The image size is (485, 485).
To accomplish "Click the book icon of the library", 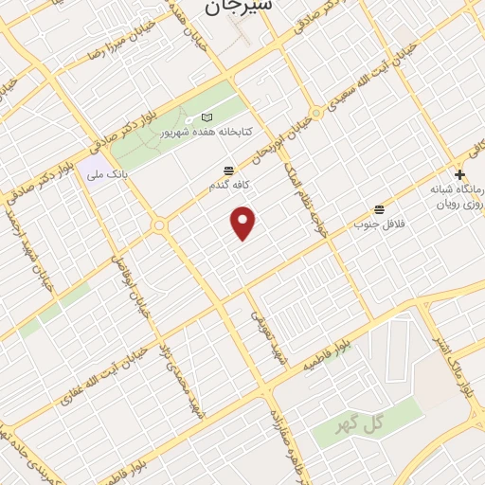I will (x=208, y=117).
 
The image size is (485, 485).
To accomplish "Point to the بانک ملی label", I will (x=106, y=174).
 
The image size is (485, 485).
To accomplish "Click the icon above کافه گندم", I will (x=228, y=171).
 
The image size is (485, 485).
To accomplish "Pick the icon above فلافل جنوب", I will (x=380, y=208).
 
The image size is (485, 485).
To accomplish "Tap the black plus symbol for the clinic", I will (x=459, y=174).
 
